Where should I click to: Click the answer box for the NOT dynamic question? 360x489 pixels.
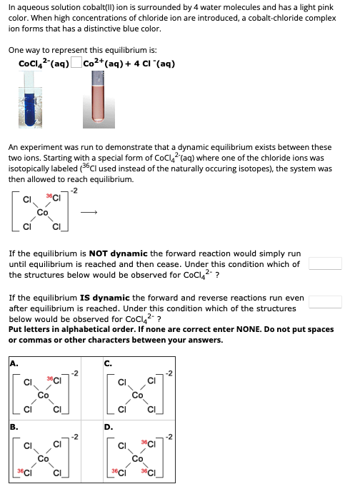325,263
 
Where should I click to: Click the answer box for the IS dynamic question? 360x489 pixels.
325,302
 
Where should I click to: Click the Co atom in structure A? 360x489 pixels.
44,393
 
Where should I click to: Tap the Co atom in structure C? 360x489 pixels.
137,393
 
